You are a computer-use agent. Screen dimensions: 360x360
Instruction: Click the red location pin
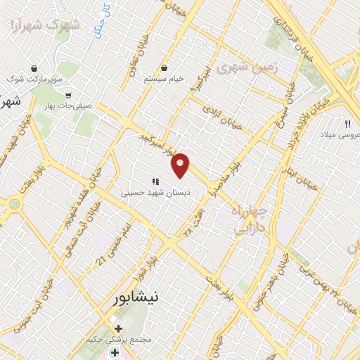click(181, 165)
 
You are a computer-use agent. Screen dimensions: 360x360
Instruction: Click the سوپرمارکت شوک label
click(32, 79)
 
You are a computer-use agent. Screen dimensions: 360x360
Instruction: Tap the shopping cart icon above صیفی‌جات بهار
click(69, 96)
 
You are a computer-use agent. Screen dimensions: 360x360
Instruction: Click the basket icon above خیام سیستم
click(164, 67)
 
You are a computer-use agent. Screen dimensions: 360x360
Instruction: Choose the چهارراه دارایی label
click(249, 219)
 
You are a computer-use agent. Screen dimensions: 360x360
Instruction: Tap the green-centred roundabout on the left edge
click(12, 205)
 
